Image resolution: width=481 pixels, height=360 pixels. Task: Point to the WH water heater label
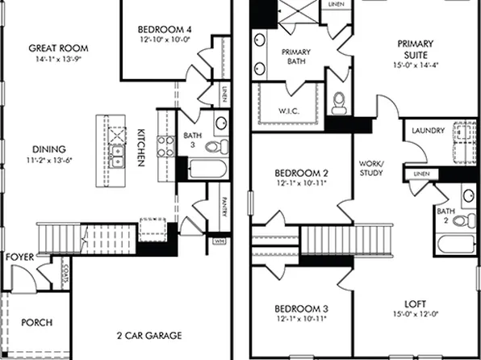(219, 240)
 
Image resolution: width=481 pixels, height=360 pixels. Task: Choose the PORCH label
(36, 323)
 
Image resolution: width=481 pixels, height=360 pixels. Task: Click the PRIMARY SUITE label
(416, 50)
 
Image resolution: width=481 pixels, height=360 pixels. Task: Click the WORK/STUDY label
(371, 167)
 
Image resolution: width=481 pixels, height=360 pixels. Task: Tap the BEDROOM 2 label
(300, 174)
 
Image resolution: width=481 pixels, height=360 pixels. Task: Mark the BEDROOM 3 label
(300, 310)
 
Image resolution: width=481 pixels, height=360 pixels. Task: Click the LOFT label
(416, 305)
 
